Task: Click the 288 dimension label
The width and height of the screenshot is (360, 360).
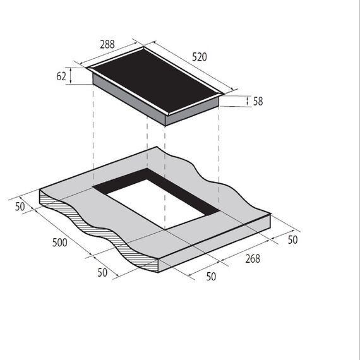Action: [107, 44]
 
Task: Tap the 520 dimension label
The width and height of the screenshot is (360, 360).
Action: [200, 57]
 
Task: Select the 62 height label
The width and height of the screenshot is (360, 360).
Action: [61, 76]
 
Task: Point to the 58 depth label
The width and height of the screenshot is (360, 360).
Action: [258, 101]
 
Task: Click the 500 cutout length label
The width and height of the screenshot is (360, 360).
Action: [60, 243]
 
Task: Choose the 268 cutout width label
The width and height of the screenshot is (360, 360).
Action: [253, 259]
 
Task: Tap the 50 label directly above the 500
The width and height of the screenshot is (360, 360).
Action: [20, 207]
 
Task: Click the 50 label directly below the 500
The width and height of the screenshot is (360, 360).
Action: [102, 273]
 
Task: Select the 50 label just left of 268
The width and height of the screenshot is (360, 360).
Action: [211, 277]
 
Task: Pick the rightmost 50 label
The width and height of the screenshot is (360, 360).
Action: [292, 240]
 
